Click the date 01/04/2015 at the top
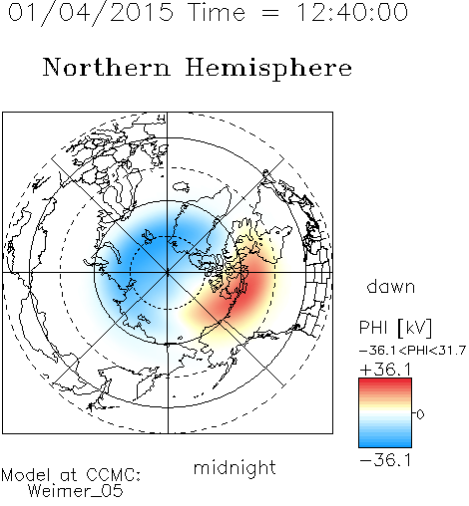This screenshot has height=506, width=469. [91, 13]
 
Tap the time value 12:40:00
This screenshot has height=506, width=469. [352, 12]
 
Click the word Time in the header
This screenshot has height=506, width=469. [217, 12]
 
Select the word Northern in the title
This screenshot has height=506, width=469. [107, 68]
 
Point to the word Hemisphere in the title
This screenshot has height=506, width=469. [268, 69]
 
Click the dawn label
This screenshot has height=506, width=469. [391, 286]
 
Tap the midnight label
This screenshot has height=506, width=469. [234, 467]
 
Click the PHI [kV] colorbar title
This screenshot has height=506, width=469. [395, 328]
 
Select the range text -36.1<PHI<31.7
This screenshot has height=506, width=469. [412, 351]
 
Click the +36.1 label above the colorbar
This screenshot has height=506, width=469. [386, 370]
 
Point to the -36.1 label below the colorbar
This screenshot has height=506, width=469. [385, 460]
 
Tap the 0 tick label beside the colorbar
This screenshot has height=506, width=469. [420, 414]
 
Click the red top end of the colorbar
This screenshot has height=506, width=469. [385, 381]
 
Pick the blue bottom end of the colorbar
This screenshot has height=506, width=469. [385, 443]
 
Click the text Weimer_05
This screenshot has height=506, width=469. [76, 491]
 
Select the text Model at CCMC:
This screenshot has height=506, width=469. [71, 475]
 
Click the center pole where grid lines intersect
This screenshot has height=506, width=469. [168, 272]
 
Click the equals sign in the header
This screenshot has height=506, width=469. [270, 13]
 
